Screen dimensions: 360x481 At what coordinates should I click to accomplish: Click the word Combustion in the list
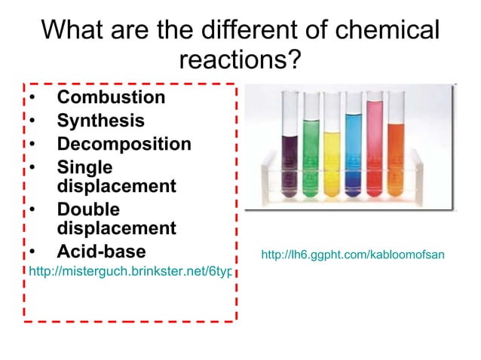111,97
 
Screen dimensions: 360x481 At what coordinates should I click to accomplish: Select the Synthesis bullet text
101,121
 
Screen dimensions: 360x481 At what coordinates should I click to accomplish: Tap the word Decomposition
124,144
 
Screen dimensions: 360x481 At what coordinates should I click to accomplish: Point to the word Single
84,167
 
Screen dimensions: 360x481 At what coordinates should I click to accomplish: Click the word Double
88,209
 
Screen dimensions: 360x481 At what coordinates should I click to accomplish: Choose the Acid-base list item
102,251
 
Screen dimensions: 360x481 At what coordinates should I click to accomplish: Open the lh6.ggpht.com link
352,255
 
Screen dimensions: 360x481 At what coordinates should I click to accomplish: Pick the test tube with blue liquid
353,158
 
